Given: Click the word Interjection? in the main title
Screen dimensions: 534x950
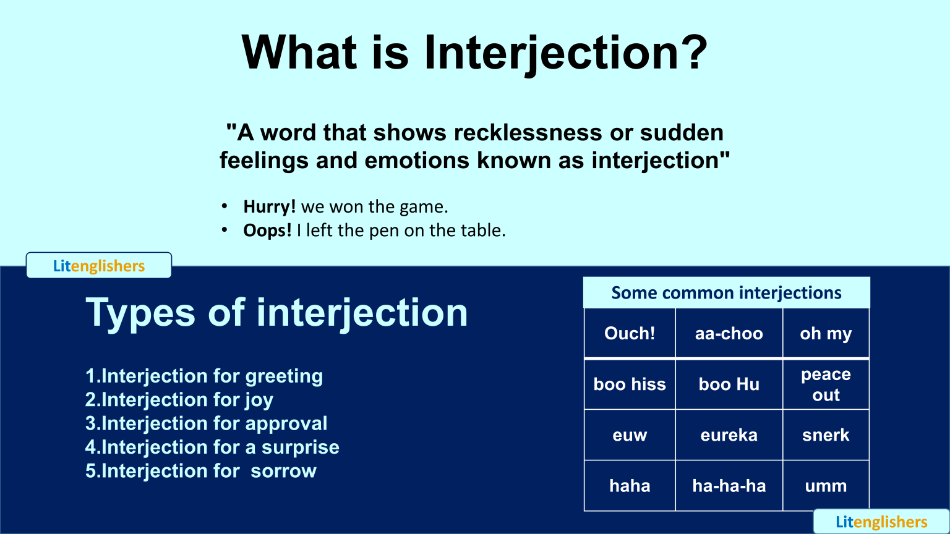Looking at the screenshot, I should (565, 53).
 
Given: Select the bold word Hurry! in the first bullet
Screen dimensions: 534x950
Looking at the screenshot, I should (269, 206).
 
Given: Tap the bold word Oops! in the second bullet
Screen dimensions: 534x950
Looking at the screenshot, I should (267, 231).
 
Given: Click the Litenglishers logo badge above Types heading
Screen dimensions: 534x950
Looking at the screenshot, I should (99, 266).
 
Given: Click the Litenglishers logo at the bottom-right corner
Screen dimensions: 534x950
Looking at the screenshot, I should (881, 522).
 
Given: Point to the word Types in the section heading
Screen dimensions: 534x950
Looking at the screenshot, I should (140, 313).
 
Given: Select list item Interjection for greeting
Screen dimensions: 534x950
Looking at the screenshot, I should (204, 376).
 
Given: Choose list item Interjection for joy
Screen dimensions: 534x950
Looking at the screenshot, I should (179, 400).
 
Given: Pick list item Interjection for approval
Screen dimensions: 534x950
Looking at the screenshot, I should (206, 423).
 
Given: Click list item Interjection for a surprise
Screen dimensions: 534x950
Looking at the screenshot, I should (212, 447).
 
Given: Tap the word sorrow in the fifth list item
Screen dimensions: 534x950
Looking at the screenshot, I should (283, 471).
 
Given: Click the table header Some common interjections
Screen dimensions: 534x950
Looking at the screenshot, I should (726, 293).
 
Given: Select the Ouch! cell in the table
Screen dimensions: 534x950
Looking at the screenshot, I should (630, 334).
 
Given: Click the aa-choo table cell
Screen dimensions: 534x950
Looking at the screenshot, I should (729, 334).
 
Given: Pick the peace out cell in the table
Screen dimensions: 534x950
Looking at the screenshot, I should (826, 384).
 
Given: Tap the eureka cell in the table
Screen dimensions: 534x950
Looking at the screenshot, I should (729, 435).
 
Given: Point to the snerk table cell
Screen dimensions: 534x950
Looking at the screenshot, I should (826, 435).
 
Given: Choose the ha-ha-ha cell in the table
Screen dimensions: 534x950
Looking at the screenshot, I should (729, 486).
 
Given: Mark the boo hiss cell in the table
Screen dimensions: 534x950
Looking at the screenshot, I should (630, 384).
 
